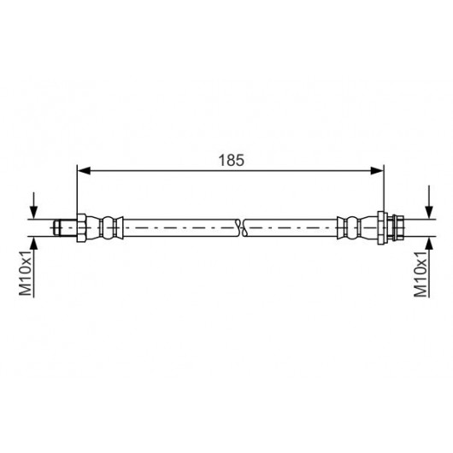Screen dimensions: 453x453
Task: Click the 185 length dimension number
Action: coord(231,160)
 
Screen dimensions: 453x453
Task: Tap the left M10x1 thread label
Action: coord(26,273)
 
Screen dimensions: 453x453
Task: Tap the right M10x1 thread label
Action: coord(421,274)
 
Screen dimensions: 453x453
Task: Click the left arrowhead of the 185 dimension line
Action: coord(85,171)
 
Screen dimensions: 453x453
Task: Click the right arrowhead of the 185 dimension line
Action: coord(377,171)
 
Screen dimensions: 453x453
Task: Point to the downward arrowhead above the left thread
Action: coord(34,212)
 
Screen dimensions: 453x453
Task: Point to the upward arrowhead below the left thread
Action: coord(34,244)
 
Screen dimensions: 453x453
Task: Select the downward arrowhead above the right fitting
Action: coord(430,212)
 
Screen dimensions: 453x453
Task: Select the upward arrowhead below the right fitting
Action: coord(430,244)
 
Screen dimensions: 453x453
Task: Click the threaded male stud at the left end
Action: coord(65,227)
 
